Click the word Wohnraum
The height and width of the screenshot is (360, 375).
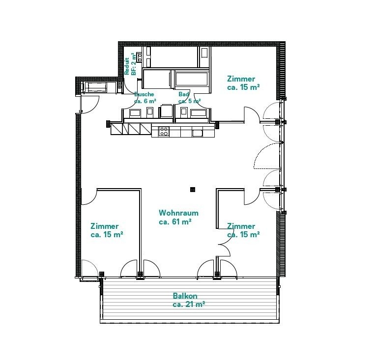(x=178, y=213)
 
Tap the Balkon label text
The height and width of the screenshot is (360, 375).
(x=185, y=296)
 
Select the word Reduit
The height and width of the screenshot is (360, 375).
(x=127, y=66)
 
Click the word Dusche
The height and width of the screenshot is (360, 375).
(x=144, y=94)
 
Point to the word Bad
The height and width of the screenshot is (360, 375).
(x=184, y=94)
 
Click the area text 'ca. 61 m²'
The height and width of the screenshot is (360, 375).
(x=175, y=222)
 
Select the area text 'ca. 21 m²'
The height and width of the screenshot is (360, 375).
(x=189, y=305)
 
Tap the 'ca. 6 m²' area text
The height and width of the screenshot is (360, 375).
(x=145, y=101)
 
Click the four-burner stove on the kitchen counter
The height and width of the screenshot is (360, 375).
(x=164, y=131)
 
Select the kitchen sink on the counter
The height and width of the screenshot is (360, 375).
(x=198, y=133)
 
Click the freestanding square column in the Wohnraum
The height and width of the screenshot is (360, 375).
(x=193, y=190)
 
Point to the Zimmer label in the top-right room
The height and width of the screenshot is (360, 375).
(x=241, y=79)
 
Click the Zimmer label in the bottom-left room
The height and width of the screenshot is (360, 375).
(x=105, y=226)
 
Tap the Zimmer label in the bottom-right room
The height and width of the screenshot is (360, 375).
(x=241, y=226)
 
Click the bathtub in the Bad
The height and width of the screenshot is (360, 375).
(x=192, y=79)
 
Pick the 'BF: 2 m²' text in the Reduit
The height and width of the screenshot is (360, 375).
(x=134, y=64)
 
